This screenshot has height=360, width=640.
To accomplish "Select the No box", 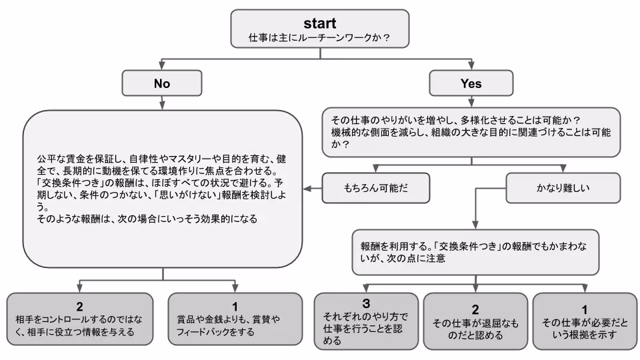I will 162,83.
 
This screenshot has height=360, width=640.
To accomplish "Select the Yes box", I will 471,83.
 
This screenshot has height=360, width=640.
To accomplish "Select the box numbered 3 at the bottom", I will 365,321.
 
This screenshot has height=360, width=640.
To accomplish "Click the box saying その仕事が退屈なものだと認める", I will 475,321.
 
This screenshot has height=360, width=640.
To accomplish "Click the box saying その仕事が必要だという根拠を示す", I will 584,321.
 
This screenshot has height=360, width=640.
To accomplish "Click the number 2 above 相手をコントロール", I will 80,306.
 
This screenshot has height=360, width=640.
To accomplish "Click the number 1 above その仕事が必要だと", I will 584,309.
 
